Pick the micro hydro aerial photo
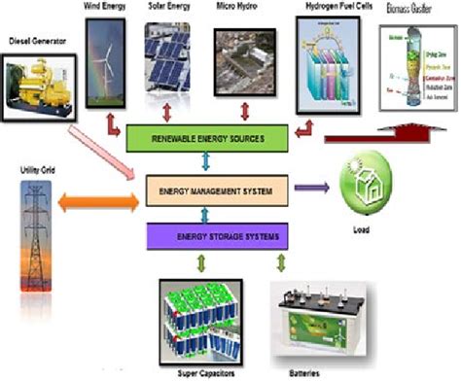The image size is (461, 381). coord(242,57)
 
